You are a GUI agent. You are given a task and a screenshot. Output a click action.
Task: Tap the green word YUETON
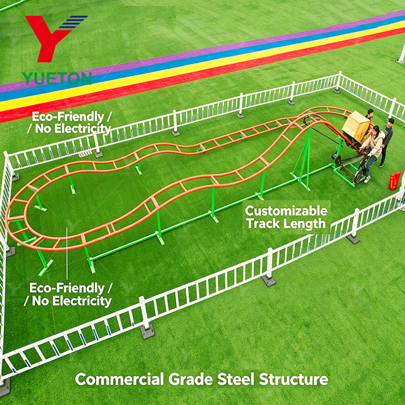point(57,78)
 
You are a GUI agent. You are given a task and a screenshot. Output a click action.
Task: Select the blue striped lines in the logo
point(73,22)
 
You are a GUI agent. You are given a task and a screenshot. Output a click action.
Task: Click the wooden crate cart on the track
point(356,126)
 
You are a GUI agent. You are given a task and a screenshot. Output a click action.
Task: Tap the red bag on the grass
point(394,181)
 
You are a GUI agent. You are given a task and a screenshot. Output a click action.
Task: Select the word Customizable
point(286,211)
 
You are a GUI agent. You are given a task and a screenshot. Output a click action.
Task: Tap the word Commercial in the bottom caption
point(120,379)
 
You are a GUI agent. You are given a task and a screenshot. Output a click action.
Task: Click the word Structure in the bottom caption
point(294,379)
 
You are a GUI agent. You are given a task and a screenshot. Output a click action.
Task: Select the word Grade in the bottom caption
point(190,379)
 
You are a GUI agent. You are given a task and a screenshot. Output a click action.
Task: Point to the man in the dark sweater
point(385,142)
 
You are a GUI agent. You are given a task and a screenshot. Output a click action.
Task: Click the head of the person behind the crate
point(370,112)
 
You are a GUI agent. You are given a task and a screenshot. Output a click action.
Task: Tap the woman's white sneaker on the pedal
point(367,180)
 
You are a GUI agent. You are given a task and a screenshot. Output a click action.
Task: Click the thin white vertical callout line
point(66,253)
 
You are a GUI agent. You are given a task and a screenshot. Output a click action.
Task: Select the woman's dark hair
point(376,129)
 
